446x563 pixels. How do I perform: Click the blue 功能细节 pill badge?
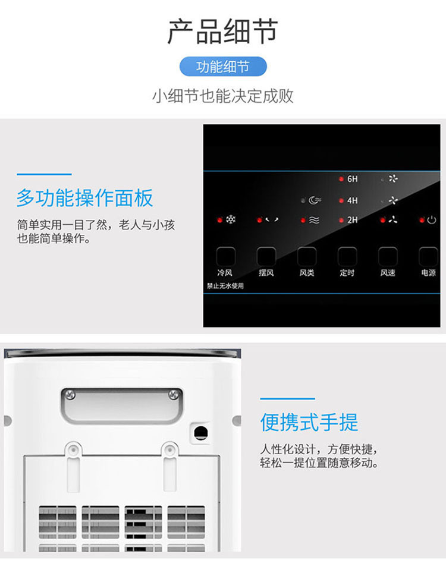223,67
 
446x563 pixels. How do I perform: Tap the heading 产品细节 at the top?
222,32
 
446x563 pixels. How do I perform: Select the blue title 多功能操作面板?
85,197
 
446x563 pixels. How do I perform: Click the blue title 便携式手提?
309,422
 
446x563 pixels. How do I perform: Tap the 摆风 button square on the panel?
266,256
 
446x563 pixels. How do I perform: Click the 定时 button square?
347,256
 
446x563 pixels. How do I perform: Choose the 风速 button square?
388,256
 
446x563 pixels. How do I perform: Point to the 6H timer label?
352,179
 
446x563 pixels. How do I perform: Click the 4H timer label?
352,200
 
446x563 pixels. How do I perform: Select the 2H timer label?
352,220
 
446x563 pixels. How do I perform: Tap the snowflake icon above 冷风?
231,219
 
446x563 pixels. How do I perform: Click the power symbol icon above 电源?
432,219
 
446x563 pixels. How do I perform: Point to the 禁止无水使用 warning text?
225,286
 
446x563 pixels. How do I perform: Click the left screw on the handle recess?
71,395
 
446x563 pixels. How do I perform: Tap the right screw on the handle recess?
174,395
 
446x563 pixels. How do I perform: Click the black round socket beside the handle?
201,432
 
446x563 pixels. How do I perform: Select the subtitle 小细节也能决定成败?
223,96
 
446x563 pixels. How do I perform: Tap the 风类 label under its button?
307,273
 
